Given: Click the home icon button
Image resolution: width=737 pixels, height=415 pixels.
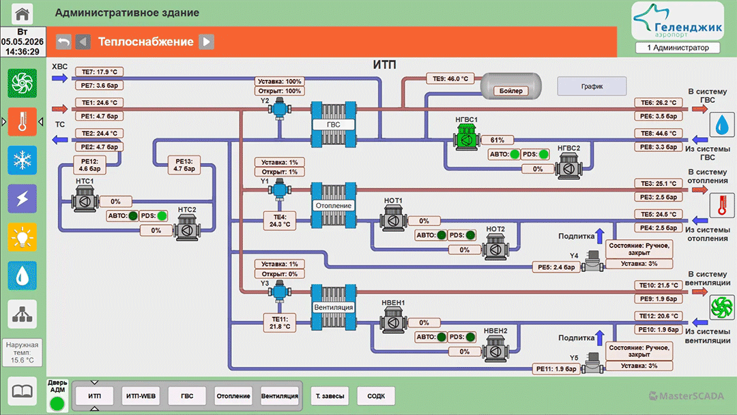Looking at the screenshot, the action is (x=22, y=13).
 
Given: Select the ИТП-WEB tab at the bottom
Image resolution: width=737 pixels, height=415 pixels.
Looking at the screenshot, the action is (x=141, y=396).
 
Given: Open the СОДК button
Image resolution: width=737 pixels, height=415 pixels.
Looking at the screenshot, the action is (x=376, y=396).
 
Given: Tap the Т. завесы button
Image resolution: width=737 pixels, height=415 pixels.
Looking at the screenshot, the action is (x=330, y=396).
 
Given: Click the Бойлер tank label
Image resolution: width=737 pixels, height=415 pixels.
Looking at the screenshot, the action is (x=511, y=91).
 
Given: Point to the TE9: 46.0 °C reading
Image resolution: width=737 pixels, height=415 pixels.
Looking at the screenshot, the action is (x=450, y=78).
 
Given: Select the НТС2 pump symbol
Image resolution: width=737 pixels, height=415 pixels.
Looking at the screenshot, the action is (x=187, y=228).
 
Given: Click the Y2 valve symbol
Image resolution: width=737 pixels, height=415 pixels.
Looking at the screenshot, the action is (x=279, y=109).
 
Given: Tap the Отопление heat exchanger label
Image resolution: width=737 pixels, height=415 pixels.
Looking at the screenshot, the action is (x=333, y=206).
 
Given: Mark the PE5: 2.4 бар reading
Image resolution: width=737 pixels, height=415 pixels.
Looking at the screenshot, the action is (x=556, y=267).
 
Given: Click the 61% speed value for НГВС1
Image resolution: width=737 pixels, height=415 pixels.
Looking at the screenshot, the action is (x=497, y=140).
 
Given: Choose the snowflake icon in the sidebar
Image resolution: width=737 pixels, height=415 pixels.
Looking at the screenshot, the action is (x=22, y=160).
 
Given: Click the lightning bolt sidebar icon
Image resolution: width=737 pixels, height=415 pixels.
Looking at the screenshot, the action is (x=22, y=198).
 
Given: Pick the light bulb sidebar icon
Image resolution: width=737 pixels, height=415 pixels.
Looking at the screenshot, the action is (x=22, y=237).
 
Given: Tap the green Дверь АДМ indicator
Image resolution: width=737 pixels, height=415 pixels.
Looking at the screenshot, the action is (x=57, y=403).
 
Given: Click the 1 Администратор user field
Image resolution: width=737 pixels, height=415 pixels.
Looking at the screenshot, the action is (x=678, y=48).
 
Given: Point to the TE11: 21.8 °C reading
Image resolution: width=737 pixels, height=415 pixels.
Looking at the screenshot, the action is (x=280, y=322).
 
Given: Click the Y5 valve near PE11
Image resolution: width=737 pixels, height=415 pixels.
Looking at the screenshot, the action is (x=593, y=363).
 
